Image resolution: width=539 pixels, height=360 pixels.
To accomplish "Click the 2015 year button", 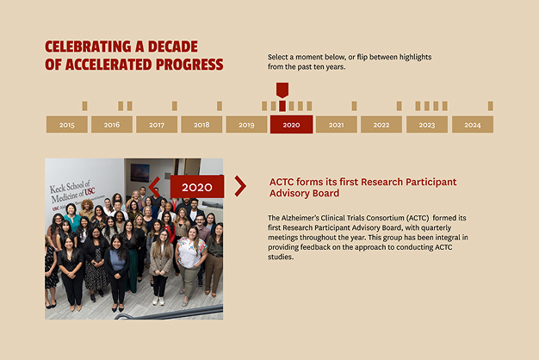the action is (66, 124).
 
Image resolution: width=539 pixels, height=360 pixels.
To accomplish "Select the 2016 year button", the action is (112, 124).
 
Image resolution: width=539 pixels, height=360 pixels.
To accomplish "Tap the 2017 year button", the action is (157, 124).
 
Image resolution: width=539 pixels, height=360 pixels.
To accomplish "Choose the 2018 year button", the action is (201, 124).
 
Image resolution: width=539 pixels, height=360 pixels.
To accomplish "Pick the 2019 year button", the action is (246, 124).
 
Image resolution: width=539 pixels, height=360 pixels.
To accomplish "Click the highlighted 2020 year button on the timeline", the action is (292, 124).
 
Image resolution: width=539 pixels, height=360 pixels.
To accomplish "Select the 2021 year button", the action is (336, 124).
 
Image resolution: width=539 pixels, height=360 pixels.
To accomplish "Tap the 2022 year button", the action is (381, 124).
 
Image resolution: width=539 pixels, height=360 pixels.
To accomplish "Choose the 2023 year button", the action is (427, 124).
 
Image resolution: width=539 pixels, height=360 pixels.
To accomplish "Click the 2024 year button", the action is (473, 124).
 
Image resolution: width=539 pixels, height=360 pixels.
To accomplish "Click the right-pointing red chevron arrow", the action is (240, 186).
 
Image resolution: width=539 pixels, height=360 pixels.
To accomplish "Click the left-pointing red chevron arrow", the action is (154, 187).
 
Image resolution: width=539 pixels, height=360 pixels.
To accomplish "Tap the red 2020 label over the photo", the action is (197, 187).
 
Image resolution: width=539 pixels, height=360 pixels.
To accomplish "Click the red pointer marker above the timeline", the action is (282, 90).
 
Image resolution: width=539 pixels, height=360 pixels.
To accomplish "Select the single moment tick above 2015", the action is (84, 106).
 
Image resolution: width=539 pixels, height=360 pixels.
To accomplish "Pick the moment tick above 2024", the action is (491, 106).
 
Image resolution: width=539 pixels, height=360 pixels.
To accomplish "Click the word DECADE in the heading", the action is (173, 47).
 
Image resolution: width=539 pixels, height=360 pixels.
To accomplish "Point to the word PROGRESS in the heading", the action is (189, 65).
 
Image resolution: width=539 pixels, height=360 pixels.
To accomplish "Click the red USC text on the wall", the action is (90, 191).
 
